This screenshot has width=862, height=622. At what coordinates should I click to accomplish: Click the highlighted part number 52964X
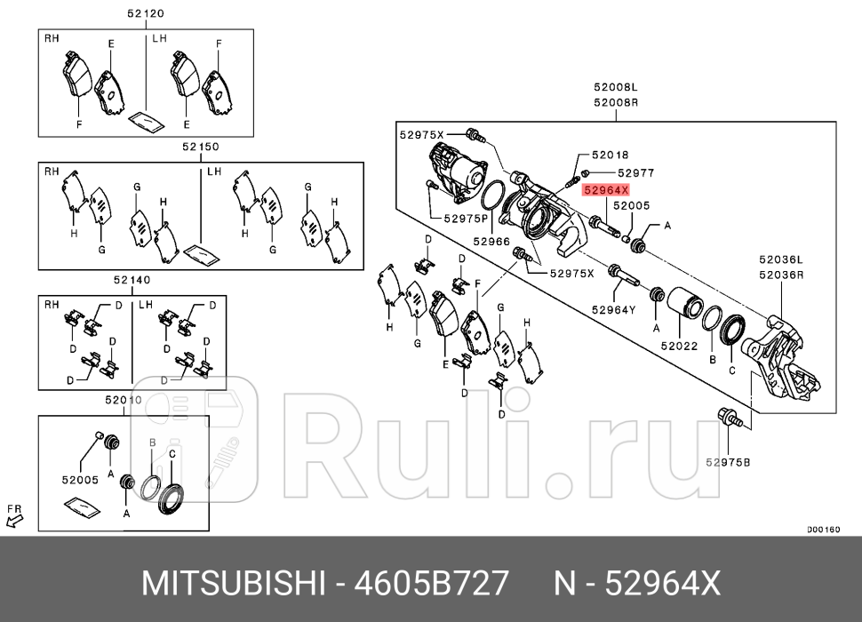tap(605, 189)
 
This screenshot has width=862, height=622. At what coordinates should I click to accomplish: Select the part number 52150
tap(201, 147)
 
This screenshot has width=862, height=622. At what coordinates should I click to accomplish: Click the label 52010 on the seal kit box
tap(124, 400)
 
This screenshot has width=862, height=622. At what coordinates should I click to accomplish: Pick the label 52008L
tap(617, 88)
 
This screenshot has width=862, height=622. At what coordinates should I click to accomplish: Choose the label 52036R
tap(780, 275)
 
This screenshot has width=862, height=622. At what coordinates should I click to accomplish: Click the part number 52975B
tap(728, 462)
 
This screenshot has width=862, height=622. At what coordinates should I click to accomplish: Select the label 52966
tap(491, 241)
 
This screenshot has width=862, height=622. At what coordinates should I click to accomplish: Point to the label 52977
tap(635, 173)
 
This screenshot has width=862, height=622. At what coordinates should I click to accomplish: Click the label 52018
tap(610, 155)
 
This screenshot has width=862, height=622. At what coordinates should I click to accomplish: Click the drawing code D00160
tap(822, 530)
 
